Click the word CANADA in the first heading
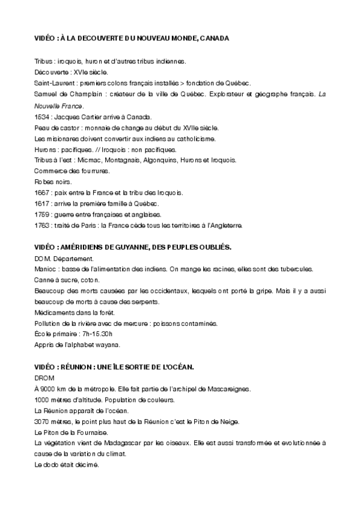(213, 38)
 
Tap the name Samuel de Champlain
(65, 94)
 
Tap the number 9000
(49, 389)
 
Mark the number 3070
(42, 422)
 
